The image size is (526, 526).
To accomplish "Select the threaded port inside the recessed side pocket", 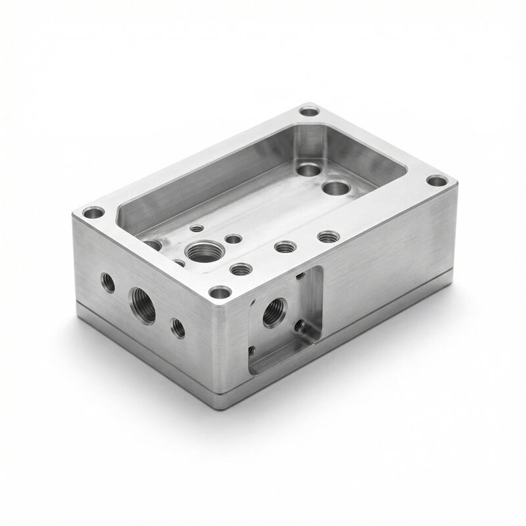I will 274,312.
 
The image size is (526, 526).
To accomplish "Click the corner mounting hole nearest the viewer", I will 220,292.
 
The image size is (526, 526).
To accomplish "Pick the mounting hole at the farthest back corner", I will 309,110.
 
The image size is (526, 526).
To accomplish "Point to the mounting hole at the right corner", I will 436,180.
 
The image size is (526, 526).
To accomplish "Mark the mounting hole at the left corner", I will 93,213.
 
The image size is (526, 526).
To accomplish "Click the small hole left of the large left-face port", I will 108,283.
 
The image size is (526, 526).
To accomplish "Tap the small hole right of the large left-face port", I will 178,327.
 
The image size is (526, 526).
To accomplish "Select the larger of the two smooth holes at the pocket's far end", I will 335,189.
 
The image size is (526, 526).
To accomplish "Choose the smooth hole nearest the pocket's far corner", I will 308,170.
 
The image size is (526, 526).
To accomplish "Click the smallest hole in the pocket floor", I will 197,228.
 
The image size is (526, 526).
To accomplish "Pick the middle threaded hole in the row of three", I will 285,247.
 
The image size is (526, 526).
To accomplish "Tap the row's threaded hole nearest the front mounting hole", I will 241,269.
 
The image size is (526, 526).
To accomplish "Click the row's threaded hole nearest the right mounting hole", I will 327,236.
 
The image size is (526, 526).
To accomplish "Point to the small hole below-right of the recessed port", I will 300,325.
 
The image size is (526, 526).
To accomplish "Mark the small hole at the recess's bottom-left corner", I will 252,351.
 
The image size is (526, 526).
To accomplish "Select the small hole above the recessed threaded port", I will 299,276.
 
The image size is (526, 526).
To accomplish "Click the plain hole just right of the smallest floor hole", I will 233,239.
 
